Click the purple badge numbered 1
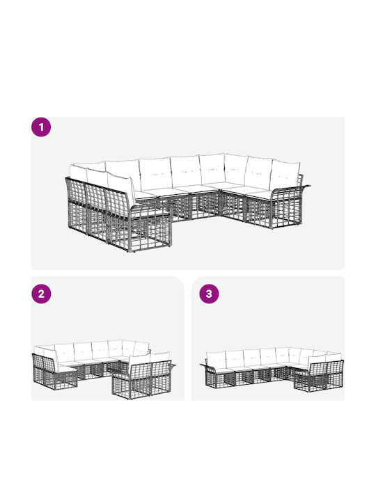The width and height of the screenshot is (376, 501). point(41,127)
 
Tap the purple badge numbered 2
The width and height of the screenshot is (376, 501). point(41,294)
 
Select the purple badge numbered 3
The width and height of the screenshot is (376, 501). point(209,294)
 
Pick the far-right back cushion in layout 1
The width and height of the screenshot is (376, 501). point(285,176)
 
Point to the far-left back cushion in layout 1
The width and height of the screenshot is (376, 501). point(78,173)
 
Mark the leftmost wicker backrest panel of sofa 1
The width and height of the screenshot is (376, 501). point(77,196)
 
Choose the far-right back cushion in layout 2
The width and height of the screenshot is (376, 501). point(160,358)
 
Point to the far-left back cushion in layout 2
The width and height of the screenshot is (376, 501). point(39,351)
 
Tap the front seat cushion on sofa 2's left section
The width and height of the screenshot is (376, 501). point(68,369)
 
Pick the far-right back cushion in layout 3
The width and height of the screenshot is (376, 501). point(334,357)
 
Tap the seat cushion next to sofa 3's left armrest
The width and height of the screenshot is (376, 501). point(224,371)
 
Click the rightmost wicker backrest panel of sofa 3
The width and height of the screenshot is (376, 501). point(335,369)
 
